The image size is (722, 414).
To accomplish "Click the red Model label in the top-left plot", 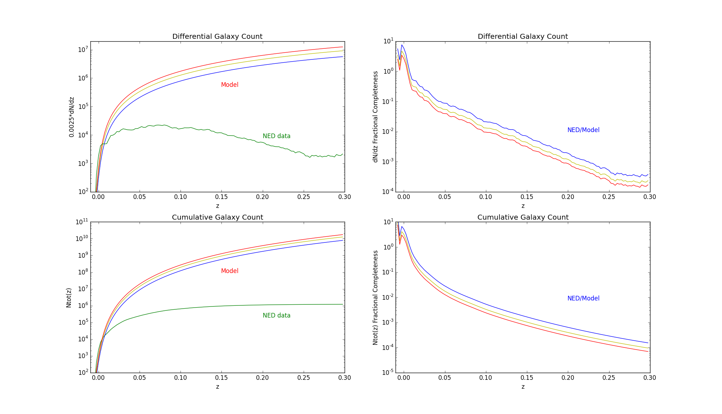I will click(x=230, y=85).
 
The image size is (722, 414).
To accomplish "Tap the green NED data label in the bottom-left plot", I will click(x=276, y=315).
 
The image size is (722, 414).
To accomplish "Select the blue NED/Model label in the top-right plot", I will click(x=583, y=130).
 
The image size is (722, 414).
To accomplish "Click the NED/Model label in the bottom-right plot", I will click(x=583, y=298).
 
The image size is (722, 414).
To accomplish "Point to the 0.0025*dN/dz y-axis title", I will click(x=72, y=117).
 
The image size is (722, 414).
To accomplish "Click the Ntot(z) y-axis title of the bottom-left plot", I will click(x=69, y=298).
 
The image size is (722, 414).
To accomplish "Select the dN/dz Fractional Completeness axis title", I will click(x=375, y=117).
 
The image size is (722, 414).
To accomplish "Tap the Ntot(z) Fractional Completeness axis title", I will click(x=375, y=298).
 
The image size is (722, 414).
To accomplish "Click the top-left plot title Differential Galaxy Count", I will click(x=217, y=36).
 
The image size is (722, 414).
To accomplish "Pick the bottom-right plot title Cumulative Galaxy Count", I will click(x=523, y=217).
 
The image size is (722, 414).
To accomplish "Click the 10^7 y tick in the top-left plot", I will click(x=83, y=49).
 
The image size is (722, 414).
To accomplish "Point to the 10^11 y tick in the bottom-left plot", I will click(x=82, y=222).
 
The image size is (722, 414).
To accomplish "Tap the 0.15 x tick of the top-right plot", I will click(x=527, y=197).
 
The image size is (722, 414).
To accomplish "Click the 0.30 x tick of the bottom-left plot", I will click(x=344, y=378).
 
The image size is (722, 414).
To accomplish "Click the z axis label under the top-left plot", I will click(x=217, y=206).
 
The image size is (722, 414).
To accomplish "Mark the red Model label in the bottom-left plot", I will click(x=230, y=271).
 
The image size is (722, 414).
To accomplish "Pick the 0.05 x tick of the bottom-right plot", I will click(x=445, y=378).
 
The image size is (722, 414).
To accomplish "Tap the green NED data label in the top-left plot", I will click(x=276, y=136).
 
